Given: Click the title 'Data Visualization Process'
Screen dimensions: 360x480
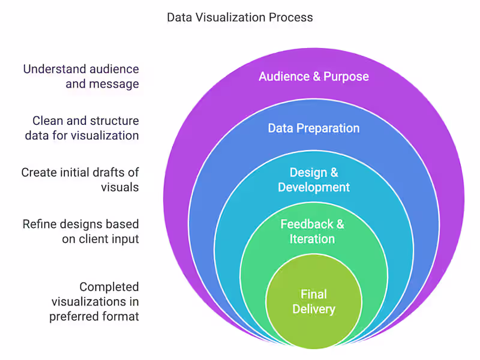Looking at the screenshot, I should coord(239,17).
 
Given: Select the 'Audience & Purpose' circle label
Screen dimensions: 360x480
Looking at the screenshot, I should coord(313,77).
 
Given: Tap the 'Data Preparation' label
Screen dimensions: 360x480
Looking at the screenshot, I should coord(313,128).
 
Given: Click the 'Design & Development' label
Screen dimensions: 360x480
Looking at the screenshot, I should coord(313,180).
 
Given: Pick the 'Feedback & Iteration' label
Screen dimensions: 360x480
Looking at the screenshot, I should coord(312,232).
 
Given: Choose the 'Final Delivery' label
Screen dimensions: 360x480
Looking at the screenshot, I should coord(313,302).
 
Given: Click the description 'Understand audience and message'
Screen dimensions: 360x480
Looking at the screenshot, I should coord(81,76).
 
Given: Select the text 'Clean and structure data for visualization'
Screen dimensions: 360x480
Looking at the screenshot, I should coord(82,128).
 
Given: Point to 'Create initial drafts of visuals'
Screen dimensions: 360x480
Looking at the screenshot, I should coord(80,180).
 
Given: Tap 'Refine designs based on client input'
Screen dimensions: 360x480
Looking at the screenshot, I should coord(81,232).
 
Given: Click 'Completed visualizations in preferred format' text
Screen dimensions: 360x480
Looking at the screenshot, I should coord(94,301).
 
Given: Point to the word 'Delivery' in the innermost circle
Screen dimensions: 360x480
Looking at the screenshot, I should coord(313,310).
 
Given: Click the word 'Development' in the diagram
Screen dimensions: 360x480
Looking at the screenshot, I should coord(313,187).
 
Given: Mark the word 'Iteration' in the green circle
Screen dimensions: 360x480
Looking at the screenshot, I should coord(312,239).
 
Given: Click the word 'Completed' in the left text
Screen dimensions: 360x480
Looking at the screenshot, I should coord(109,287).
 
